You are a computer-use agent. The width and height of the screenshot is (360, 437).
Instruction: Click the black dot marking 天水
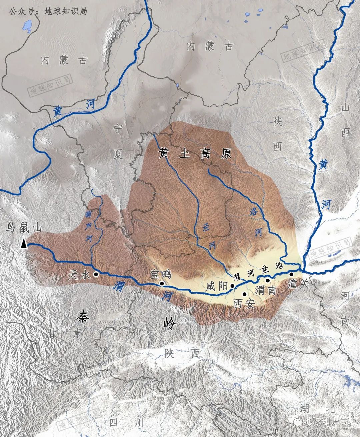click(96, 274)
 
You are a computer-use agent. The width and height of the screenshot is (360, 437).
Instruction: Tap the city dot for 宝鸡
click(162, 284)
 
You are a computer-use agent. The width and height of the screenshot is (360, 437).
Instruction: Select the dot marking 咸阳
click(233, 286)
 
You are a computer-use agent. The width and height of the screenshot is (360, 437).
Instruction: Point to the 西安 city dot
click(244, 294)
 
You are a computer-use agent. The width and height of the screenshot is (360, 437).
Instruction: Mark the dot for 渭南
click(267, 281)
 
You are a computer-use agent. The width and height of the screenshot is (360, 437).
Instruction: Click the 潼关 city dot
click(291, 274)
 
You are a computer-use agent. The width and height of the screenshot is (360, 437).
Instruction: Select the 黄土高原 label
click(195, 154)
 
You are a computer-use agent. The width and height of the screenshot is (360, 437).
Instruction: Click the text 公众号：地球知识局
click(48, 11)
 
